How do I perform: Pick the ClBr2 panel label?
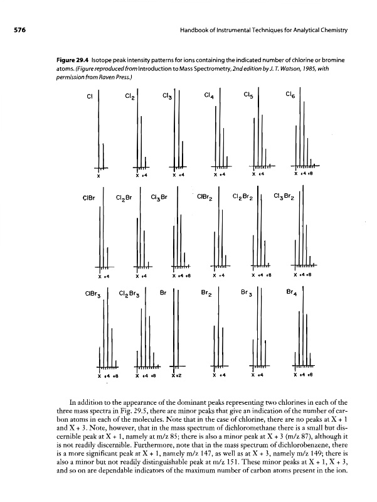[x=204, y=200]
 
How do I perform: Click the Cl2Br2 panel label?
[x=243, y=201]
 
